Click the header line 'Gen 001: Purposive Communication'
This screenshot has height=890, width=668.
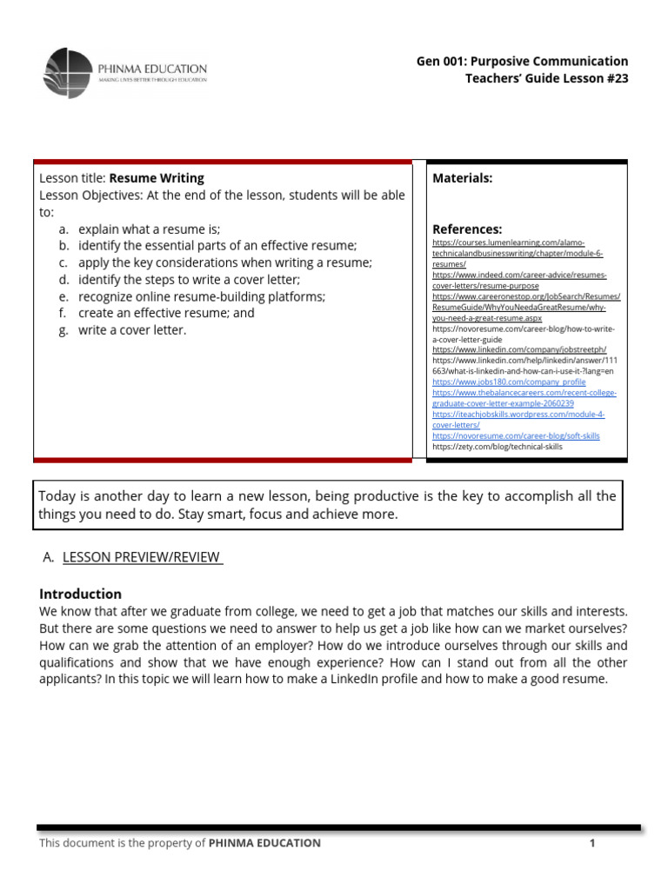coord(522,61)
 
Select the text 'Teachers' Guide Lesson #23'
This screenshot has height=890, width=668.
coord(546,79)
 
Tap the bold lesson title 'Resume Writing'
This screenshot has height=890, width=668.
coord(157,178)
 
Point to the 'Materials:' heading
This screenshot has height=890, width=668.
coord(463,178)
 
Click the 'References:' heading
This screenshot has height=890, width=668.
coord(467,229)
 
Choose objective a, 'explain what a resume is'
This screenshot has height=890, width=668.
coord(149,229)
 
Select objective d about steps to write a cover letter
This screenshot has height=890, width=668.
coord(189,280)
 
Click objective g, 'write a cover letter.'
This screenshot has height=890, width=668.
coord(132,330)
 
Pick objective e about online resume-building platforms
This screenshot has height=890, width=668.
coord(202,296)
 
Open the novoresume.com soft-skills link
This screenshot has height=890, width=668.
coord(516,435)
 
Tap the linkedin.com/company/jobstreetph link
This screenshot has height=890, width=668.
coord(518,349)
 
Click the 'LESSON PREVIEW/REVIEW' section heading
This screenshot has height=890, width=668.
coord(143,557)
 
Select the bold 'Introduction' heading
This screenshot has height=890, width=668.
coord(81,594)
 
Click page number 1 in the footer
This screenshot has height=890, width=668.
coord(591,843)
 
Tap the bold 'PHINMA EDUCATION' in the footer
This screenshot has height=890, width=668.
coord(264,843)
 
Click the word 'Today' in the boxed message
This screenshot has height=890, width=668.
coord(57,496)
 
